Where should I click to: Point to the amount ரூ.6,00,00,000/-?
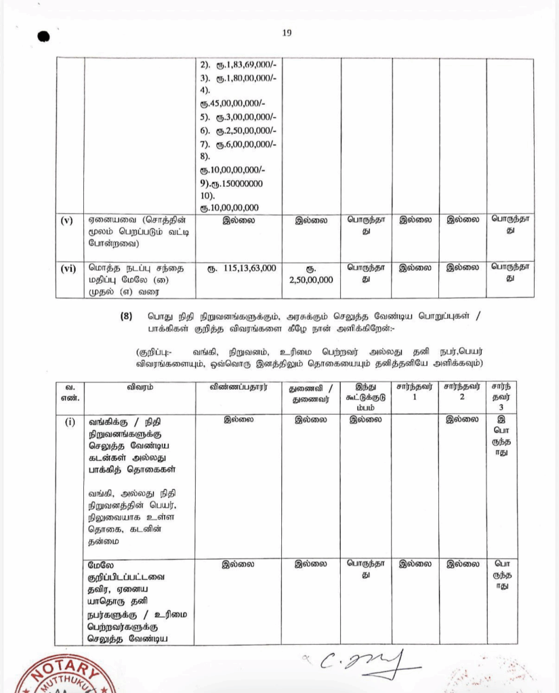[247, 143]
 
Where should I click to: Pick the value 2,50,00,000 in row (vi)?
[309, 279]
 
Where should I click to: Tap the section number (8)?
[136, 316]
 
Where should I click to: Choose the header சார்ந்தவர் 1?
[415, 391]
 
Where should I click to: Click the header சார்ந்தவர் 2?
[462, 391]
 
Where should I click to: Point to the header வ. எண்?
[66, 392]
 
